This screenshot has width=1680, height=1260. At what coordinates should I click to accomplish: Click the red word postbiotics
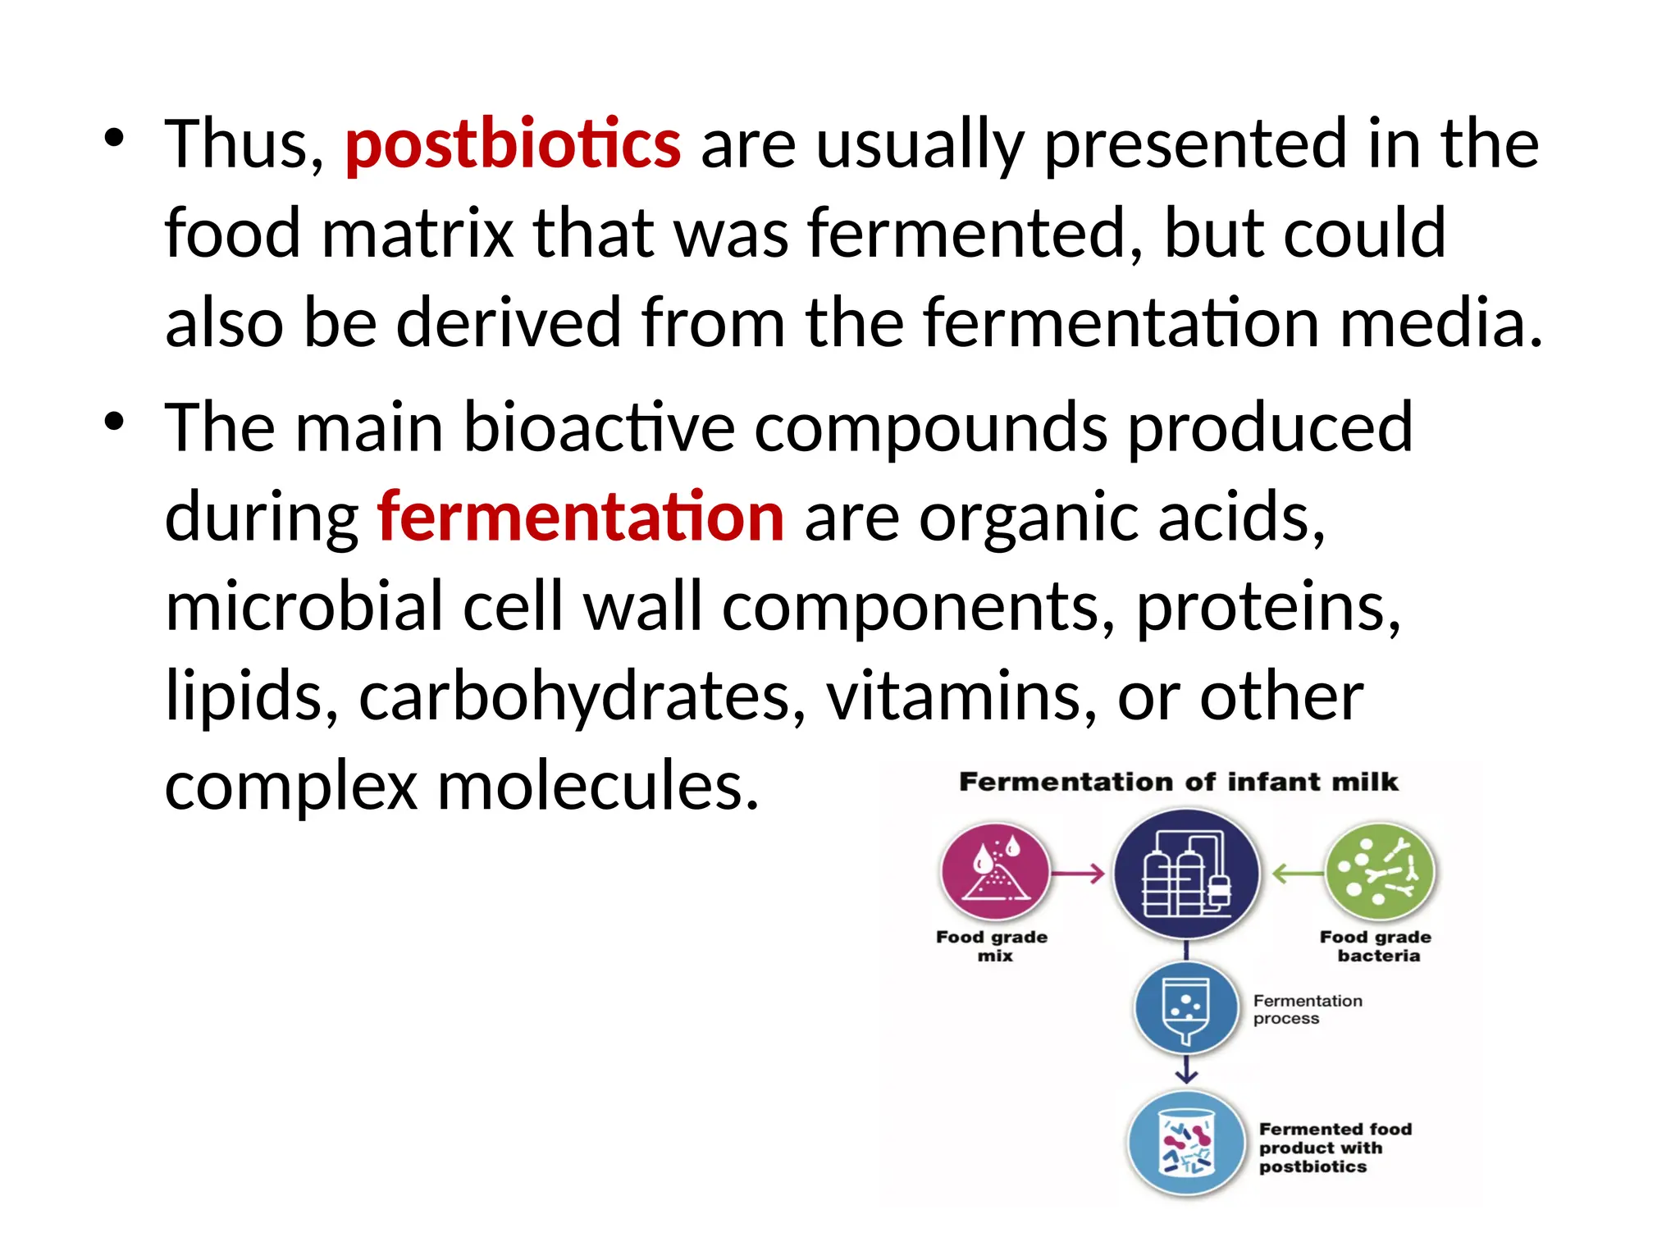513,144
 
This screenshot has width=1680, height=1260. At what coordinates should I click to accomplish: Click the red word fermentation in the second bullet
581,517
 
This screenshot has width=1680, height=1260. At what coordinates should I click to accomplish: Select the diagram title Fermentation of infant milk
1178,782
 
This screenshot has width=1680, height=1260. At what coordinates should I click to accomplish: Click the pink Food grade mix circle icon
995,873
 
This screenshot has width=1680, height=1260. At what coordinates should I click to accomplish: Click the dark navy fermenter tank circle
1186,874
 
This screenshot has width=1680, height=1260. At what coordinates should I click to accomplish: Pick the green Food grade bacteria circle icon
1380,873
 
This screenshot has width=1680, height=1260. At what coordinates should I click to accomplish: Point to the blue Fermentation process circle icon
1186,1009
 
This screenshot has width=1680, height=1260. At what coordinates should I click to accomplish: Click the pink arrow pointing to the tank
1078,874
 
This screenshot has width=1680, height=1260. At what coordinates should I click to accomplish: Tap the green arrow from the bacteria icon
1297,874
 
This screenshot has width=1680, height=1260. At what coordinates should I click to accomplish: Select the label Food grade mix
993,946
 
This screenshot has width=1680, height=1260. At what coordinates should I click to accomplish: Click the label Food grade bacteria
1376,946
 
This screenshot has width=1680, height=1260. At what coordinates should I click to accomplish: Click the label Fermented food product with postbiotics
1335,1148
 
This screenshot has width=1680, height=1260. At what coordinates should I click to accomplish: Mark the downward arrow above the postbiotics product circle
1186,1071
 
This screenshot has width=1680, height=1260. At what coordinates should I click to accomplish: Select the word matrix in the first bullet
418,234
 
